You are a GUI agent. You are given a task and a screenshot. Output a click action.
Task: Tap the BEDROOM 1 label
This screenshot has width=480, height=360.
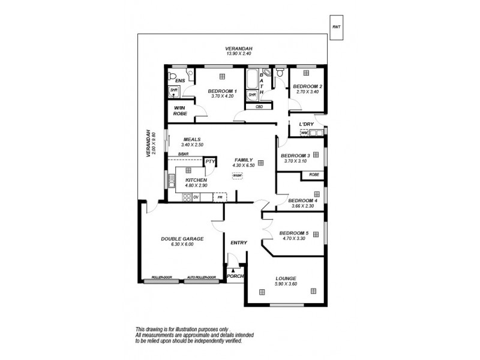[x=222, y=91]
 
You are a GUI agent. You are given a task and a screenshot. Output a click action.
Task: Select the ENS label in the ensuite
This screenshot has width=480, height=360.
[x=179, y=80]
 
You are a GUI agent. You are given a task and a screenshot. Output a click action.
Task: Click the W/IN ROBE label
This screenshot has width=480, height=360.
[x=180, y=111]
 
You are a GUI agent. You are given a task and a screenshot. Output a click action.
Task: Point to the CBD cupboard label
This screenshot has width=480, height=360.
[x=259, y=107]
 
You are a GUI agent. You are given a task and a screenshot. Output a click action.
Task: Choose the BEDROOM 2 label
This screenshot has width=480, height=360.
[x=308, y=86]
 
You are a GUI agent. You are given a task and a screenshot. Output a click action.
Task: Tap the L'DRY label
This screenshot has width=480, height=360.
[x=307, y=124]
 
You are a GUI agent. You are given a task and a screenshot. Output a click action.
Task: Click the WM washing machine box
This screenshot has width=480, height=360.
[x=304, y=133]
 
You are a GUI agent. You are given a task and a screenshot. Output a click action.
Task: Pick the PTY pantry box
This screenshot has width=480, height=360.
[x=209, y=161]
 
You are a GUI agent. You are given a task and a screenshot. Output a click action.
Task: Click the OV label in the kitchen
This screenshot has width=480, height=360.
[x=196, y=197]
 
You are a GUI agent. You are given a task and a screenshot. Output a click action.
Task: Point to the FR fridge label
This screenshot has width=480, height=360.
[x=220, y=197]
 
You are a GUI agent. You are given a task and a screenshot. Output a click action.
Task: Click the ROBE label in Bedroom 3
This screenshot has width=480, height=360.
[x=314, y=175]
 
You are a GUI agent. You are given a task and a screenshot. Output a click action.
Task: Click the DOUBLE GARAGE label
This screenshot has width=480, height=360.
[x=182, y=238]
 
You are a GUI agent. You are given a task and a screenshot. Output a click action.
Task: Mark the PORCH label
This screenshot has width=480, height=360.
[x=235, y=277]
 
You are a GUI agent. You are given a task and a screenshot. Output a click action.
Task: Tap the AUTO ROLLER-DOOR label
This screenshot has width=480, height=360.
[x=201, y=278]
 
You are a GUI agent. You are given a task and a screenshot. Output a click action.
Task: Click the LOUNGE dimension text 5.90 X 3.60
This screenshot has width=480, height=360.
[x=286, y=284]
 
